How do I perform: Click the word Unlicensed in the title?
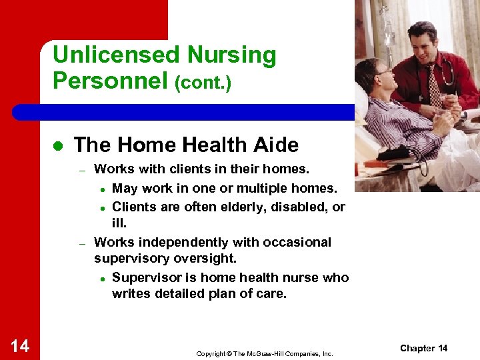pyautogui.click(x=114, y=55)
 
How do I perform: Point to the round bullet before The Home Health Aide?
pyautogui.click(x=57, y=146)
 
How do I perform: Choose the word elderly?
pyautogui.click(x=237, y=207)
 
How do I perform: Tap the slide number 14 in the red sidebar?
pyautogui.click(x=20, y=345)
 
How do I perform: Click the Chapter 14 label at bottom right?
pyautogui.click(x=423, y=348)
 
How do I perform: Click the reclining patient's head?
pyautogui.click(x=373, y=73)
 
